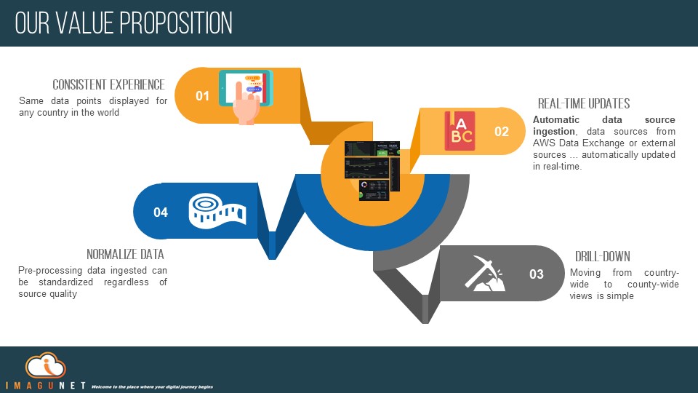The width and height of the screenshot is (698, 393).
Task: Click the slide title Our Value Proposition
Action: (x=124, y=23)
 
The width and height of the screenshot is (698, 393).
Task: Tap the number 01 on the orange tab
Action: (x=202, y=96)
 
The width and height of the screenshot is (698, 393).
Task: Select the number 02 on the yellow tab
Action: (x=502, y=132)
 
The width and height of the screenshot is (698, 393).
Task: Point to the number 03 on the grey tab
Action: (x=536, y=274)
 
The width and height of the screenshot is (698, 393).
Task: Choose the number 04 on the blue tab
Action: (x=161, y=212)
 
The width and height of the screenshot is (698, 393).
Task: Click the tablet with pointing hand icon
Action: (x=245, y=97)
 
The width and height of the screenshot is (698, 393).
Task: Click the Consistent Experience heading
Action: (x=108, y=85)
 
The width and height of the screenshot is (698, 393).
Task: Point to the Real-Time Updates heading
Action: (x=583, y=103)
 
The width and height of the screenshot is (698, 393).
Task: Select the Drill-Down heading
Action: (x=602, y=257)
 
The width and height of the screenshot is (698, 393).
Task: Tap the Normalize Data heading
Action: (x=125, y=255)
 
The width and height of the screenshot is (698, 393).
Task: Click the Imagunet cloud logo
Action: (x=45, y=365)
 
